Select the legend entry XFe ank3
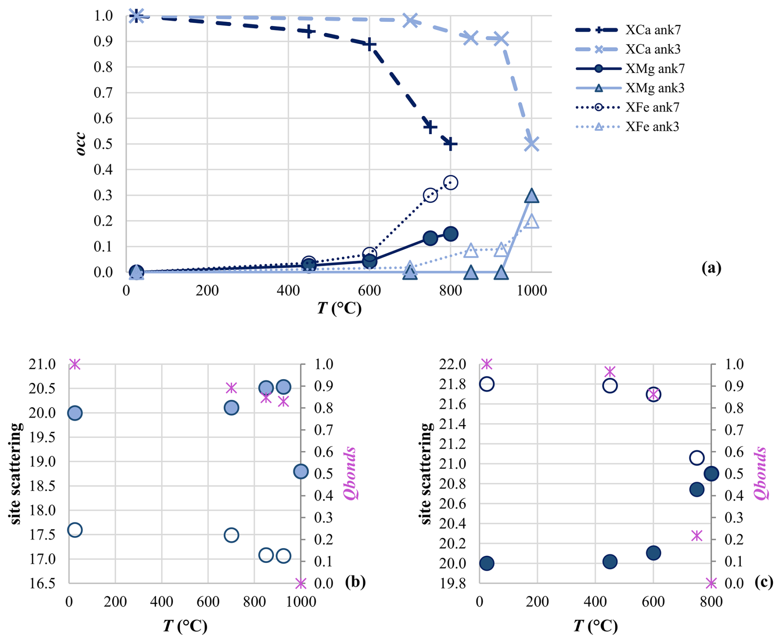point(652,126)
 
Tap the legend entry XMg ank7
point(655,69)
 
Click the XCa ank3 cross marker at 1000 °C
point(532,144)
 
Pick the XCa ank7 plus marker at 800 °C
point(450,144)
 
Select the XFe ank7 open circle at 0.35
point(450,183)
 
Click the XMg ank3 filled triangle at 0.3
point(532,196)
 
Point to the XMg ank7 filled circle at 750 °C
point(430,238)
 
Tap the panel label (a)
point(711,268)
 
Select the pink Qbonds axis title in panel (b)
point(350,473)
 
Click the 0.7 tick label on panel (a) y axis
point(103,93)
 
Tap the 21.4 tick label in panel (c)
point(452,424)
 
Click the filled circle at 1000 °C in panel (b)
point(301,471)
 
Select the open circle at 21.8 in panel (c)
point(487,384)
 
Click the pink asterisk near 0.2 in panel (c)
point(697,536)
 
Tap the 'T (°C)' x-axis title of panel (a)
point(339,308)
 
